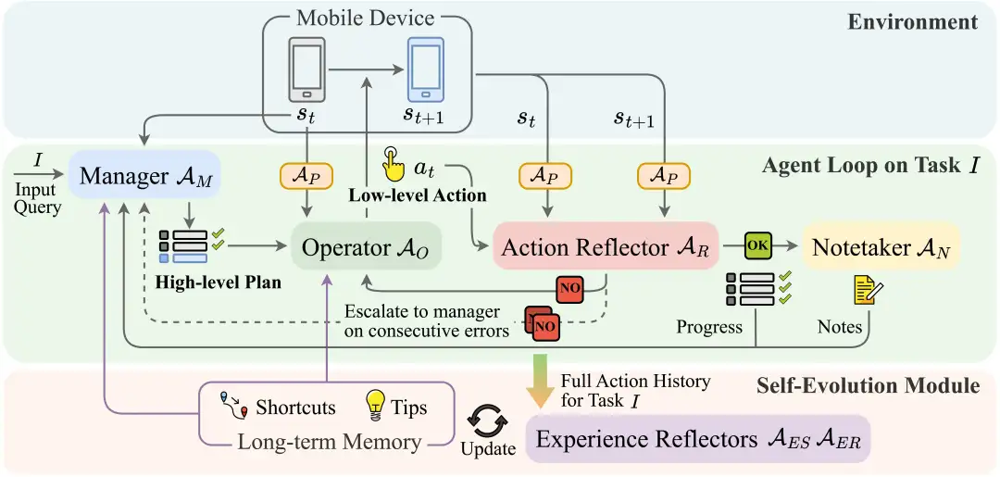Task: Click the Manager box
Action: pyautogui.click(x=144, y=176)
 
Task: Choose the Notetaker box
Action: pyautogui.click(x=881, y=246)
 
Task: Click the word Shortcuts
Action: pyautogui.click(x=295, y=407)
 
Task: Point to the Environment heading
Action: pyautogui.click(x=912, y=21)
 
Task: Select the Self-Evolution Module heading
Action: pyautogui.click(x=869, y=384)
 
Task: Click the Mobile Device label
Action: pyautogui.click(x=366, y=17)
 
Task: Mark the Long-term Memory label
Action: pyautogui.click(x=329, y=442)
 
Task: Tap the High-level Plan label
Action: pyautogui.click(x=219, y=282)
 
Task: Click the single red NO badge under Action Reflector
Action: pyautogui.click(x=569, y=289)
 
